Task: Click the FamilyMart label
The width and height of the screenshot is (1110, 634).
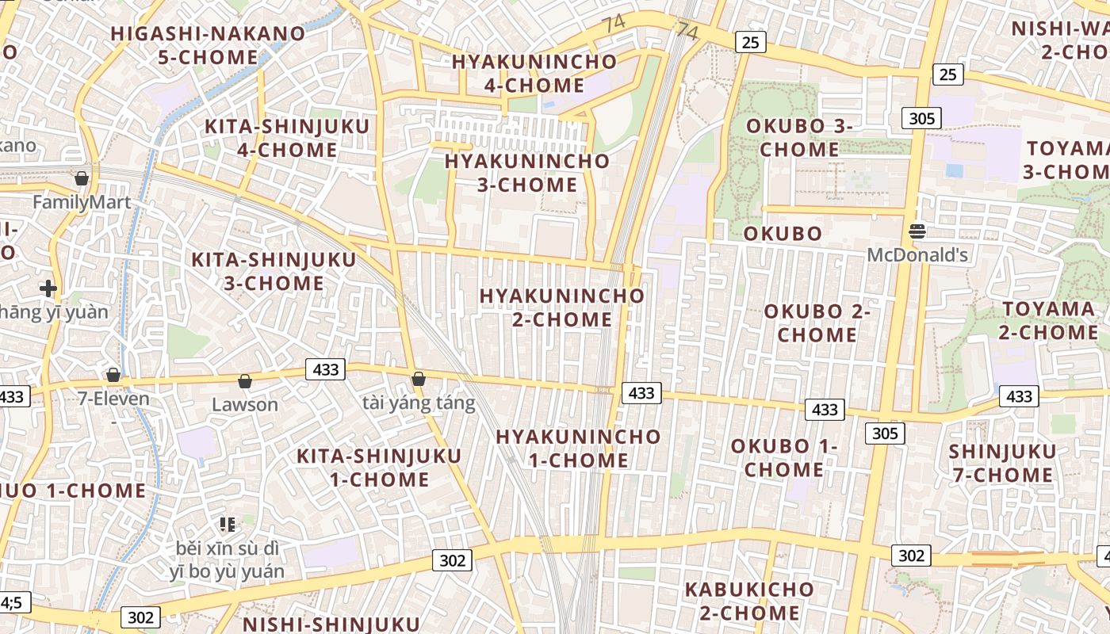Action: (82, 203)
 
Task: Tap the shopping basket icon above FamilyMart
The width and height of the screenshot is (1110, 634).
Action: (81, 178)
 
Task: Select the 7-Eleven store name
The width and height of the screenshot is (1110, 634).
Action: (113, 398)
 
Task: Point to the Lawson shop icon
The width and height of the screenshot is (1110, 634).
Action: (245, 382)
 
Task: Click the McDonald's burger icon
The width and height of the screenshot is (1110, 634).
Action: (917, 231)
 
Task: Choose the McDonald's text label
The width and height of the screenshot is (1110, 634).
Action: (917, 255)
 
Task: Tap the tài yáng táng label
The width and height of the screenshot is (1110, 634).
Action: (419, 403)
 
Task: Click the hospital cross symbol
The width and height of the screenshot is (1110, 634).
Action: (48, 288)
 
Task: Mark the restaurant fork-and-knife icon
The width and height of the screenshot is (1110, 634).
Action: (228, 524)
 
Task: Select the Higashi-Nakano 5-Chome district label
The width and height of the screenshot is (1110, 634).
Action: (208, 45)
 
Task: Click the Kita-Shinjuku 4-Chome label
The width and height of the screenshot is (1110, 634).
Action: (286, 138)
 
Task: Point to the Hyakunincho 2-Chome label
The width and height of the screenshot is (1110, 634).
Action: (561, 307)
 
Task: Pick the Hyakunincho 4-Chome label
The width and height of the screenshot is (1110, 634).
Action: (534, 73)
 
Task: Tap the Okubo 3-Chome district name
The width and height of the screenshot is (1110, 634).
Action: (799, 137)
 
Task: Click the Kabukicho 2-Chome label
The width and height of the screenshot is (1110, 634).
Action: (748, 601)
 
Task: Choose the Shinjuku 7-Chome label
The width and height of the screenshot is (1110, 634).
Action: (1002, 464)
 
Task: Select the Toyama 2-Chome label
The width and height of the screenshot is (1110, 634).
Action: (1048, 320)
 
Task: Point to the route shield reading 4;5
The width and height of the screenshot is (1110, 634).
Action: (13, 603)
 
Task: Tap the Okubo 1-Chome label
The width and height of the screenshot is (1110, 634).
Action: (783, 457)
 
